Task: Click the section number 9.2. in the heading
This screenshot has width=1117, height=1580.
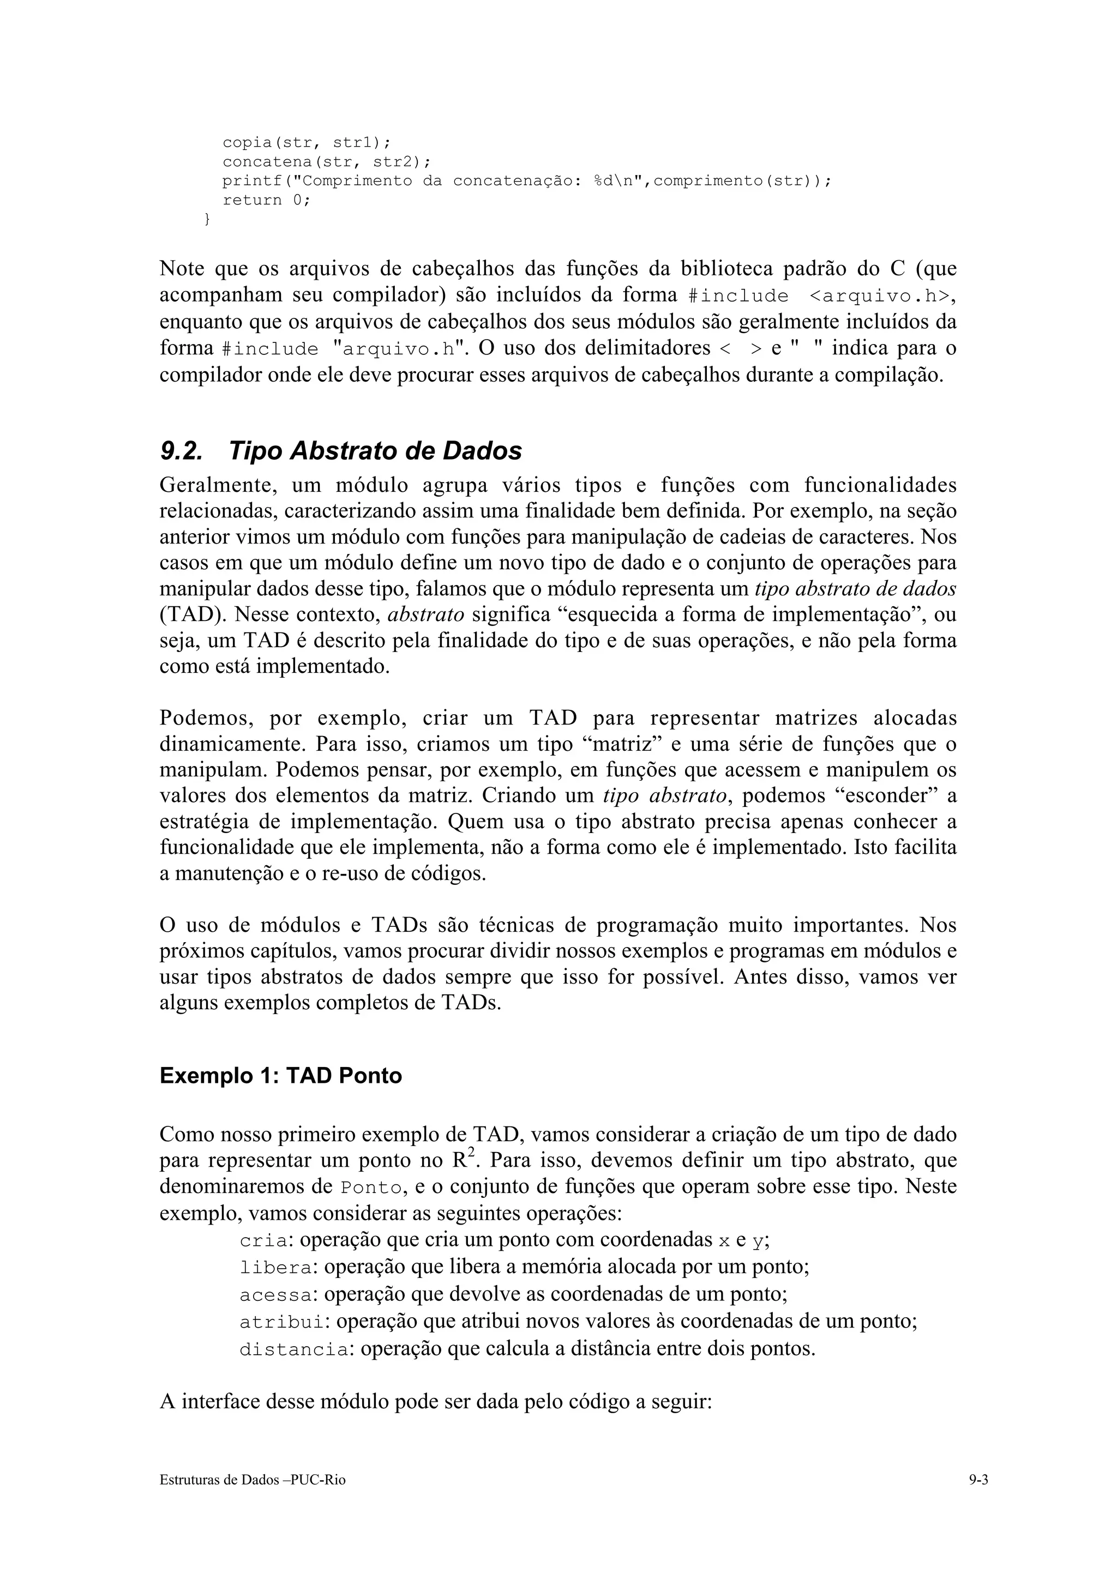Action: (x=181, y=451)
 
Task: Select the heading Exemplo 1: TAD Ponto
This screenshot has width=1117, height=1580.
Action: (x=281, y=1075)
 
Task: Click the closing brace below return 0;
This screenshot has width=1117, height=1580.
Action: (x=207, y=219)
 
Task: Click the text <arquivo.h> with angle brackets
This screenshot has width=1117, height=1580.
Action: (x=874, y=296)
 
